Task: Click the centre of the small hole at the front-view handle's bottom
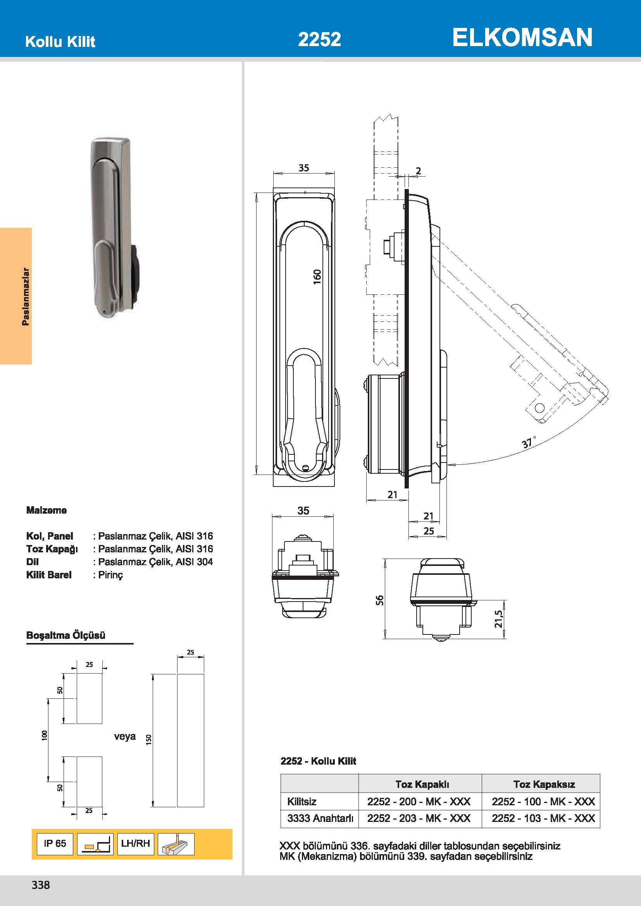pos(305,468)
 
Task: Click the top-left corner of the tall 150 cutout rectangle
pos(177,674)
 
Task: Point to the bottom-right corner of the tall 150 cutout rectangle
pos(204,807)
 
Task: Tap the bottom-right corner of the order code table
pos(600,827)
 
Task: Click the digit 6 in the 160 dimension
pos(317,277)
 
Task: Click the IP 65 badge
pos(55,844)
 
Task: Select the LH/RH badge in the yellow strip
pos(135,844)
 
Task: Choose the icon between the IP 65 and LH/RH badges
pos(95,844)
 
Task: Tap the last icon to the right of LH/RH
pos(176,844)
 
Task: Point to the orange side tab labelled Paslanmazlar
pos(16,296)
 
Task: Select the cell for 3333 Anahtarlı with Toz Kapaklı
pos(420,818)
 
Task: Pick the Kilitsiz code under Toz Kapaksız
pos(543,801)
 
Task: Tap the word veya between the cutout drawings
pos(125,736)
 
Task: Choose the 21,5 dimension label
pos(499,619)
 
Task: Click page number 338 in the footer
pos(41,885)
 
